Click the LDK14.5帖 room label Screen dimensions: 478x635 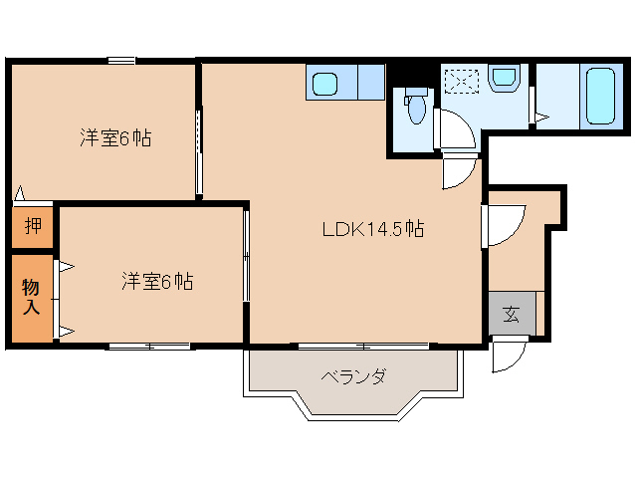point(373,229)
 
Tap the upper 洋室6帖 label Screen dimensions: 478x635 point(115,139)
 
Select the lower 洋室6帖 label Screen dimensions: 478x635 point(157,282)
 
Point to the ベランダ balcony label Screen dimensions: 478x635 point(352,376)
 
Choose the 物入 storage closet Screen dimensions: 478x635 point(32,298)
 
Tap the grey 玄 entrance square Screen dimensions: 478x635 point(512,315)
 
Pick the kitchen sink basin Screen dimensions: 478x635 point(324,83)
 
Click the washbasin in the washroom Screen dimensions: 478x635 point(506,78)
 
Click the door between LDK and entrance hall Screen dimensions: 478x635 point(502,225)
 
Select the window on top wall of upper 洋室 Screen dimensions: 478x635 point(121,62)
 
